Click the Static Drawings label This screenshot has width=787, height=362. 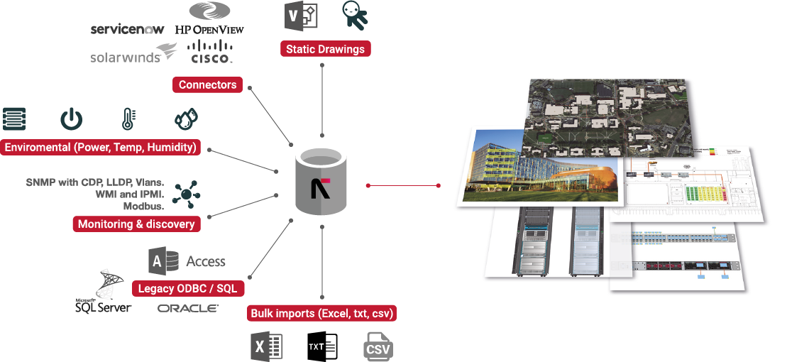(326, 50)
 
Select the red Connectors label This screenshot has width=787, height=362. (207, 85)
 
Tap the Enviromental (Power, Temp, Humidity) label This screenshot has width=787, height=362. (100, 148)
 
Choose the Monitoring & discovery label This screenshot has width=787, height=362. (136, 224)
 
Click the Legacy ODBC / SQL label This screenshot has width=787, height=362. (187, 290)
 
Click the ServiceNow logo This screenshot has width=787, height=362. (128, 30)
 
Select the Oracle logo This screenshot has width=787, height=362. (187, 309)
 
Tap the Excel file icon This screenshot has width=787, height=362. (268, 347)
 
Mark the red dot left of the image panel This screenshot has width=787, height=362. (439, 186)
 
